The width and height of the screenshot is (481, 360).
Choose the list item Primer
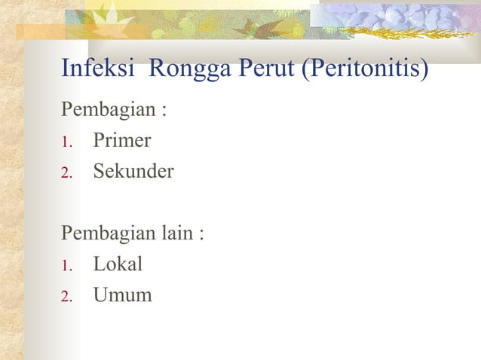click(122, 141)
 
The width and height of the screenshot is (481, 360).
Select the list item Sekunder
click(133, 172)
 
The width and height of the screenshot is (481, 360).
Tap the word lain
click(176, 233)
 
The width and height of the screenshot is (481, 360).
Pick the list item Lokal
click(118, 264)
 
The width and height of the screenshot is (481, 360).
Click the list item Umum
click(122, 295)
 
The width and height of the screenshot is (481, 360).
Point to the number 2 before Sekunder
click(66, 173)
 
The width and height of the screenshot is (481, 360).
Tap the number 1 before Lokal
click(66, 266)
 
